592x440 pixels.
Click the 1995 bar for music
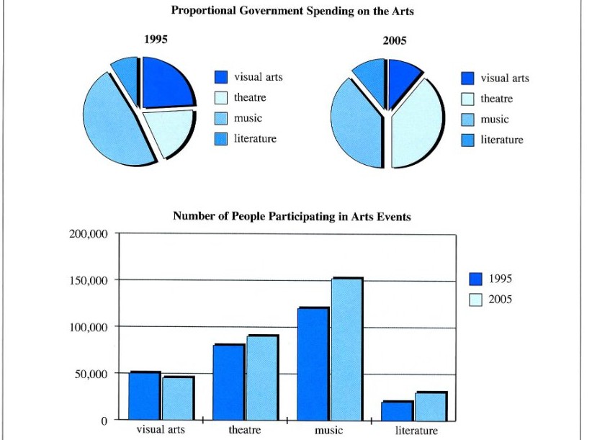tap(313, 364)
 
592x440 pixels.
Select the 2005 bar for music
tap(347, 349)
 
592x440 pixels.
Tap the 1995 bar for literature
tap(397, 411)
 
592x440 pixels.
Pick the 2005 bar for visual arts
tap(179, 398)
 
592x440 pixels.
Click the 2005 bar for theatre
tap(263, 377)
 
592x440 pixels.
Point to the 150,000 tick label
tap(89, 281)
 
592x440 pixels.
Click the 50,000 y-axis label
tap(91, 374)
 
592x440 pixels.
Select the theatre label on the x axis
tap(245, 430)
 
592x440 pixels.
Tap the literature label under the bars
tap(416, 431)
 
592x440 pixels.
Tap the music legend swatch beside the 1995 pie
tap(221, 119)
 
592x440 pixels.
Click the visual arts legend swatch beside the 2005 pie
tap(468, 78)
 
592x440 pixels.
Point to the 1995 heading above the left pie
tap(156, 39)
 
